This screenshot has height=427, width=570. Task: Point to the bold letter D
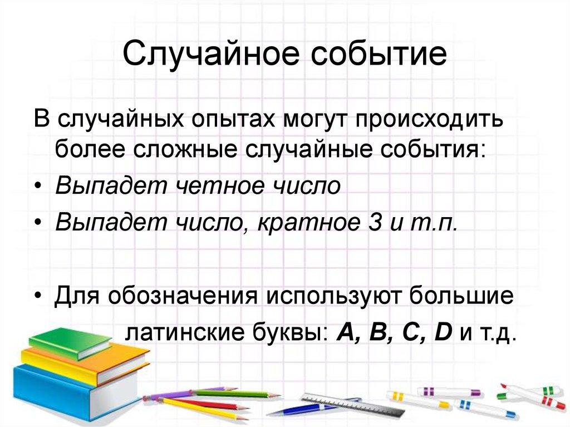pos(444,332)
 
